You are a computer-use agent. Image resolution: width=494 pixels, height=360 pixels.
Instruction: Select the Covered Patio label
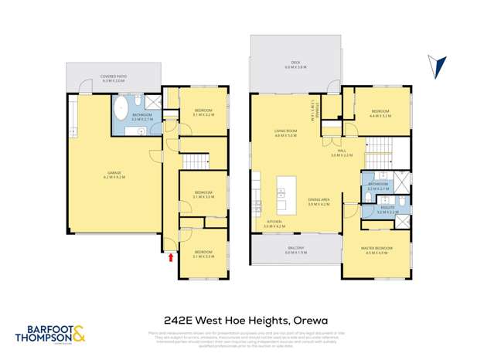click(x=113, y=78)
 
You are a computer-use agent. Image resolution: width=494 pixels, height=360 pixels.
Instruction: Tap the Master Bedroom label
click(x=377, y=249)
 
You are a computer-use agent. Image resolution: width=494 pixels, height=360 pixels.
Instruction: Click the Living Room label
click(x=286, y=133)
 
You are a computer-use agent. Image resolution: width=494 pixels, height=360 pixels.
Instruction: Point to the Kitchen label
click(x=274, y=224)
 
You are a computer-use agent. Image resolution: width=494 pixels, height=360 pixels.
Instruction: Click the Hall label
click(x=341, y=154)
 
